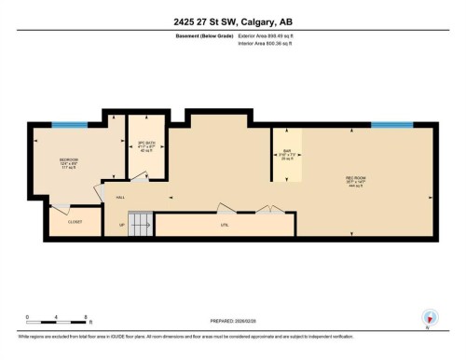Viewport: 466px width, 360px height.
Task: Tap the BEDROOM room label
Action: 68,160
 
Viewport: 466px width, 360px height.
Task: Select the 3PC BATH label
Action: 144,145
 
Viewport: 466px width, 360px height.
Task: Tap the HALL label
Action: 120,198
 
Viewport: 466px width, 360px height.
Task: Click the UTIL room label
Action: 225,225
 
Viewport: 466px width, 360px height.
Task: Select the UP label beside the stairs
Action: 122,225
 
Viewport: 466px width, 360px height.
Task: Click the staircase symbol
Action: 140,224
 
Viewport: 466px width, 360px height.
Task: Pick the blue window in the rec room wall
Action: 392,125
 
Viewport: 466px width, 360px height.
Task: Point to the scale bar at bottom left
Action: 56,323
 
